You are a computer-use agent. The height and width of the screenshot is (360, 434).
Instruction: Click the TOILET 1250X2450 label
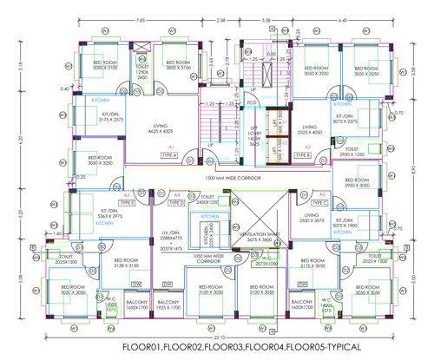coord(143,70)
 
